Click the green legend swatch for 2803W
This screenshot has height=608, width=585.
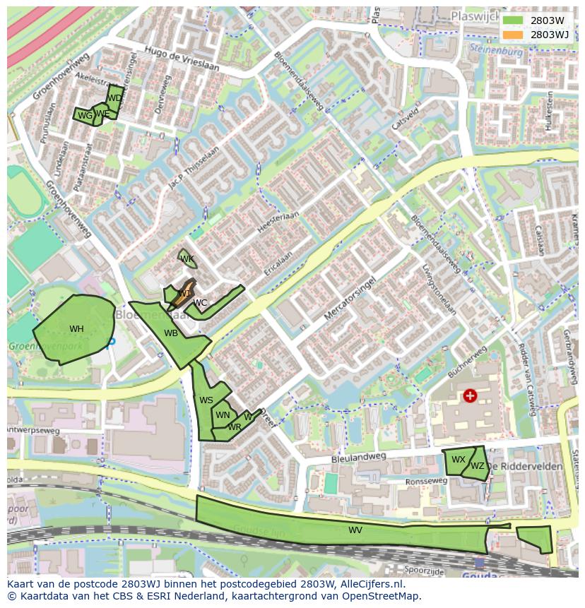(x=513, y=21)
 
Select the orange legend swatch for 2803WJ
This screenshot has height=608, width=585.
(x=513, y=34)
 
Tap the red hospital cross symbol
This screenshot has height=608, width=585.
(x=470, y=395)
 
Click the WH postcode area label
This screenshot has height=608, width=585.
(x=76, y=329)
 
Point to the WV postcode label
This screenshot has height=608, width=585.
(x=355, y=530)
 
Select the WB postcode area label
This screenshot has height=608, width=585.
(x=171, y=333)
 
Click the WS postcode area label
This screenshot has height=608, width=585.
(x=206, y=400)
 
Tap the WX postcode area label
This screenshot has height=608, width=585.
(x=459, y=460)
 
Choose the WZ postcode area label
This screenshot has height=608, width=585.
(x=478, y=466)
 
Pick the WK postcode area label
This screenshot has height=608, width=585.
(x=187, y=259)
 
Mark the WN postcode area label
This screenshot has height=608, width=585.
(x=223, y=415)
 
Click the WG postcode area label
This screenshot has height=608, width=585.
(x=85, y=116)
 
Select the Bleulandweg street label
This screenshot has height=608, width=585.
(x=359, y=458)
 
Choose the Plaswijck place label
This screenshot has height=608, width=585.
(x=476, y=15)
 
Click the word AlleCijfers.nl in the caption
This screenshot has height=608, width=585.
(x=370, y=584)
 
